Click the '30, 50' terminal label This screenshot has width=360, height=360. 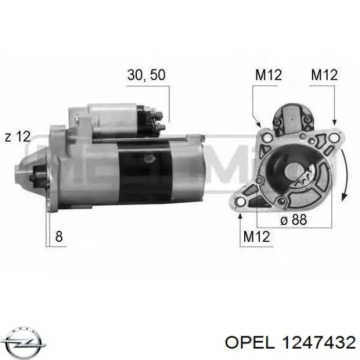[146, 75]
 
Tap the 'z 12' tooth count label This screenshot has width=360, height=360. [17, 137]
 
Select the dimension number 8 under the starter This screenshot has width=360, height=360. [59, 237]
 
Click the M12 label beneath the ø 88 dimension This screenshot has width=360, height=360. [256, 237]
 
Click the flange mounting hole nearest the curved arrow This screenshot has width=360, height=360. [335, 138]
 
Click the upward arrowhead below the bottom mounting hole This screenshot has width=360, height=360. [240, 217]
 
